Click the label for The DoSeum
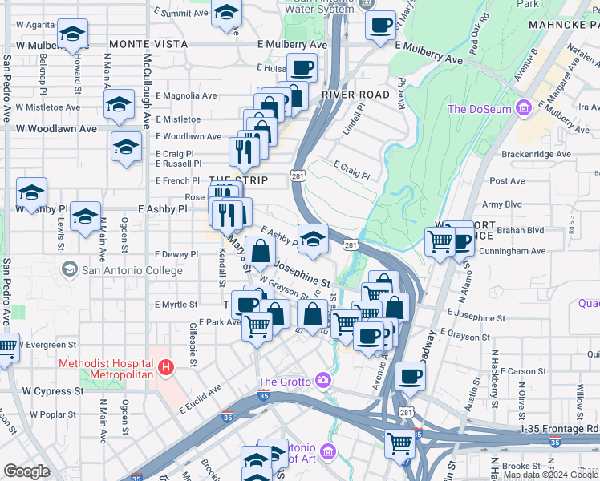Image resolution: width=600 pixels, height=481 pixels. [x=480, y=109]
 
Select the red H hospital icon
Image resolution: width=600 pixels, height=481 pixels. [x=166, y=368]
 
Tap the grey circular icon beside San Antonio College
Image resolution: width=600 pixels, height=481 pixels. [x=70, y=269]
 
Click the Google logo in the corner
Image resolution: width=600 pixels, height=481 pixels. [x=26, y=471]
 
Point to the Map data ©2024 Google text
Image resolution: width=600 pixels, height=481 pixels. [x=551, y=475]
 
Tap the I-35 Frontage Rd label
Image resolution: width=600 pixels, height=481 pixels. [x=559, y=430]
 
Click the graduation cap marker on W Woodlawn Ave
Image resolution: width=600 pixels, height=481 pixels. [x=125, y=148]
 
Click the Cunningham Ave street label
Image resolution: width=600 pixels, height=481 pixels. [x=513, y=251]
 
